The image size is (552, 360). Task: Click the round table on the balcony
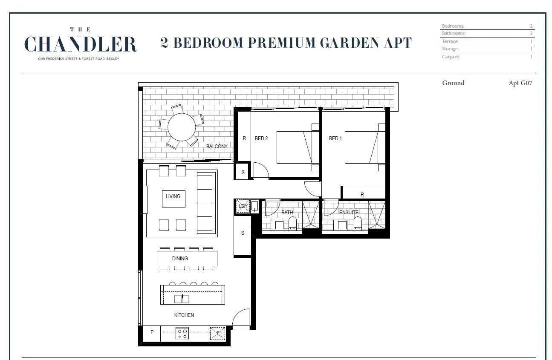tap(182, 127)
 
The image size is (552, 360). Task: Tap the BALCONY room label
tap(217, 147)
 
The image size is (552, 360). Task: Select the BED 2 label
tap(261, 138)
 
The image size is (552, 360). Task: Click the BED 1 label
tap(335, 138)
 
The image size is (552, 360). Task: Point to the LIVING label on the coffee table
tap(173, 196)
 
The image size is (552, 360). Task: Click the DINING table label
tap(180, 259)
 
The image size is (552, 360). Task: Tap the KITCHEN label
tap(184, 315)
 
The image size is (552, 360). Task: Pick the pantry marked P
tap(152, 332)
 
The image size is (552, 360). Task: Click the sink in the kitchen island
tap(182, 299)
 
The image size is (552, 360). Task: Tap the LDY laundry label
tap(243, 206)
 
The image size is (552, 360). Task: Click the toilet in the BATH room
tap(292, 224)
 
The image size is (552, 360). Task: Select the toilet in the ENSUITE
tap(358, 224)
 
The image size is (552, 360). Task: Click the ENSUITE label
tap(349, 212)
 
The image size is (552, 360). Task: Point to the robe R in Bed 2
tap(244, 138)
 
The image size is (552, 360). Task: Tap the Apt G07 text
tap(520, 83)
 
